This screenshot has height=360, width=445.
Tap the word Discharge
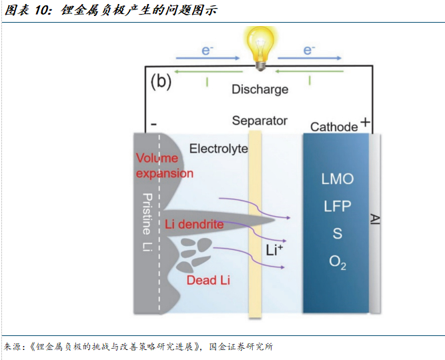pyautogui.click(x=260, y=89)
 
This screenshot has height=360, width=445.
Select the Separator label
pyautogui.click(x=260, y=121)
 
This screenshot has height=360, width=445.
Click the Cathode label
pyautogui.click(x=334, y=127)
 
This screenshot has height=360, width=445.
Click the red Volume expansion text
pyautogui.click(x=164, y=166)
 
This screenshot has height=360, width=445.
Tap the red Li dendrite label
pyautogui.click(x=194, y=225)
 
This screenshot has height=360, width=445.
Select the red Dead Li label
pyautogui.click(x=208, y=281)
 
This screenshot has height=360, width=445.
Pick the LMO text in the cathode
pyautogui.click(x=338, y=179)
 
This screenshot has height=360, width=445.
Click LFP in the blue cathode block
pyautogui.click(x=338, y=206)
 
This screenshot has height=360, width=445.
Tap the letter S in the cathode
pyautogui.click(x=338, y=233)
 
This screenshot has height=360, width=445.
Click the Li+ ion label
pyautogui.click(x=275, y=251)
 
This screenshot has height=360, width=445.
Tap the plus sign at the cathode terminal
pyautogui.click(x=365, y=122)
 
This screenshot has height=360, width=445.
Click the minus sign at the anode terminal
pyautogui.click(x=154, y=125)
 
